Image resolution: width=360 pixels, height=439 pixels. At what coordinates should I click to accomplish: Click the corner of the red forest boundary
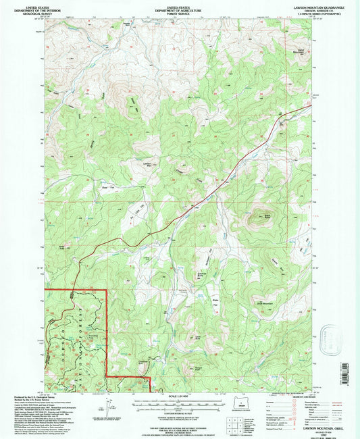(106, 290)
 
